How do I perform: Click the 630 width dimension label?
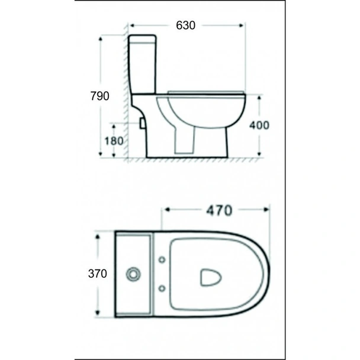185,25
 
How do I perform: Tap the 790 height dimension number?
99,96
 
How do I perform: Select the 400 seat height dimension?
259,125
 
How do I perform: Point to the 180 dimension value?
114,141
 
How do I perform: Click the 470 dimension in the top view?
219,210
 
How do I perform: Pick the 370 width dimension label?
97,274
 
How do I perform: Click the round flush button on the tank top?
134,274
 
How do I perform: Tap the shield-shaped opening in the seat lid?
210,277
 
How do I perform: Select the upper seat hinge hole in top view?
162,260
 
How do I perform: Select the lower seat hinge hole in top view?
162,288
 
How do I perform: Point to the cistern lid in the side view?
143,39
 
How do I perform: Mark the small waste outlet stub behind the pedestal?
142,123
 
